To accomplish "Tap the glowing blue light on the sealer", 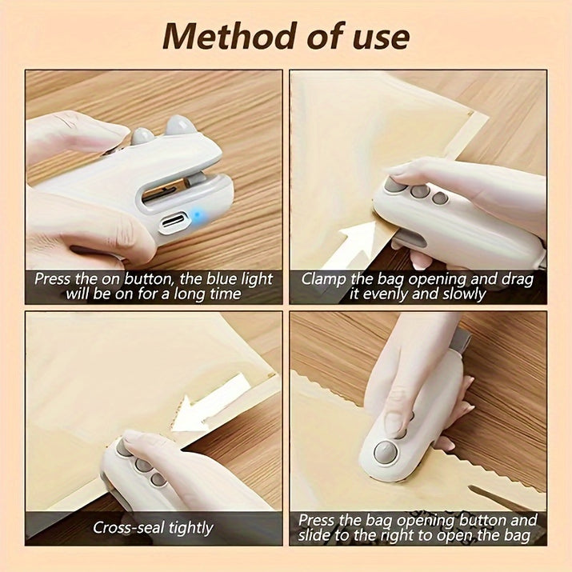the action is tap(197, 215).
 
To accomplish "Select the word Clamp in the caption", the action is tap(324, 280).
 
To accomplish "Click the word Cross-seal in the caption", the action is tap(129, 527).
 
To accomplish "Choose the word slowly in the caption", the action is tap(464, 294).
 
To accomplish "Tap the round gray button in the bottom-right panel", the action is tap(386, 452).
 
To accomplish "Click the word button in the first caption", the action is tap(148, 279).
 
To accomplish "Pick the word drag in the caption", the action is tap(518, 280).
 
